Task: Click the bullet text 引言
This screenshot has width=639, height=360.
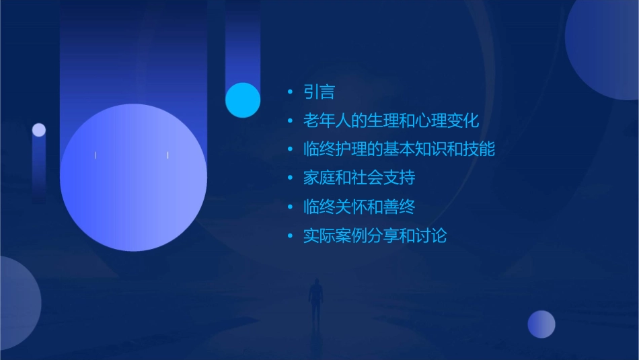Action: click(319, 92)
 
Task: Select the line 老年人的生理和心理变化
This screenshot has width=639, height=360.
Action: click(391, 121)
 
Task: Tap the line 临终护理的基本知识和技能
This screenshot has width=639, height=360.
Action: click(399, 149)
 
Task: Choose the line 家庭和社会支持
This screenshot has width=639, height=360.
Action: click(359, 178)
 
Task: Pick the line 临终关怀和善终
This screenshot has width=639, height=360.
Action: click(359, 207)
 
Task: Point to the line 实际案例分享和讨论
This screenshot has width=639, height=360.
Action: click(375, 236)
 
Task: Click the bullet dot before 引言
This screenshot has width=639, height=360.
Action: click(290, 92)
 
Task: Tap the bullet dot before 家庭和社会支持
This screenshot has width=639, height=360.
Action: click(290, 178)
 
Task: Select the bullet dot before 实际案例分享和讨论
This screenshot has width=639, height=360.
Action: click(290, 236)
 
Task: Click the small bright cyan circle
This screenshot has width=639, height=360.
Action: click(243, 100)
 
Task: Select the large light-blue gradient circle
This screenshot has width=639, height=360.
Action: click(133, 178)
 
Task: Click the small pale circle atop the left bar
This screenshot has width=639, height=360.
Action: click(39, 130)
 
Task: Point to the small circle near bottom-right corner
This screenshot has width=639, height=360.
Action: click(541, 324)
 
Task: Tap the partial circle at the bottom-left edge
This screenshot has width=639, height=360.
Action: click(17, 303)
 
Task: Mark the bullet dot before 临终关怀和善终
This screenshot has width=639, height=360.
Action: click(290, 207)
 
